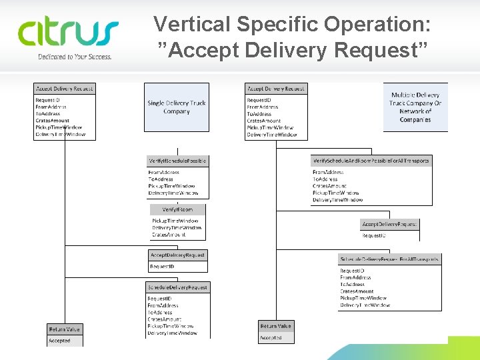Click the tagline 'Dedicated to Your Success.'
tap(74, 57)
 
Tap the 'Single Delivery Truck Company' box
tap(177, 107)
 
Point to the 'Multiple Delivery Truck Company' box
tap(415, 107)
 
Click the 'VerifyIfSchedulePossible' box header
tap(177, 161)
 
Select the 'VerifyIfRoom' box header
tap(177, 209)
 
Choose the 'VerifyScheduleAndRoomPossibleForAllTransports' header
tap(371, 161)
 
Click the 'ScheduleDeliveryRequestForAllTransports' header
tap(389, 259)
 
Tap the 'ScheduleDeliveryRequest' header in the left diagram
tap(177, 287)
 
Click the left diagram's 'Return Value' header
tap(64, 329)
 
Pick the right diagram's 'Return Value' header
tap(275, 326)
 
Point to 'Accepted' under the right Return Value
tap(271, 338)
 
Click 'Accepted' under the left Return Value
tap(59, 341)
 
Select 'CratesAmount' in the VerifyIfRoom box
tap(169, 235)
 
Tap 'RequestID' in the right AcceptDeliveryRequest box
tap(373, 235)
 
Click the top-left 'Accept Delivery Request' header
tap(64, 88)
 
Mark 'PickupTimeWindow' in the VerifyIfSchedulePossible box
tap(171, 186)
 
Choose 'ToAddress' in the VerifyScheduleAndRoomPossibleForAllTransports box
tap(325, 179)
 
